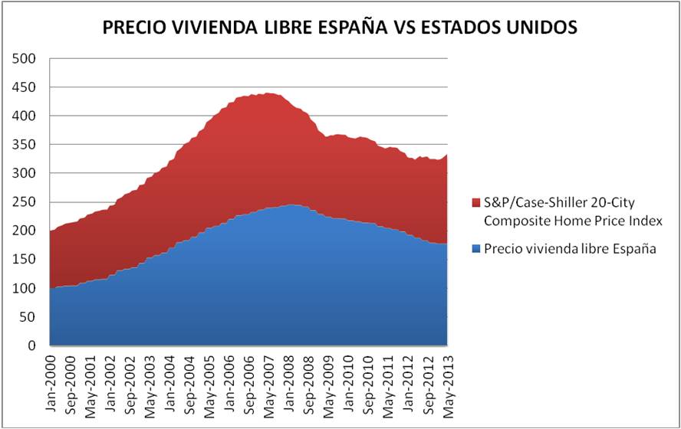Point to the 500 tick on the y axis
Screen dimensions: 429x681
coord(25,59)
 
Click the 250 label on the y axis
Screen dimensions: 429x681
coord(25,202)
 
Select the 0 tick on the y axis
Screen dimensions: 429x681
coord(32,346)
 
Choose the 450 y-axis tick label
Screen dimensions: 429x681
coord(25,87)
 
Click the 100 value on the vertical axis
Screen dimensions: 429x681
coord(25,289)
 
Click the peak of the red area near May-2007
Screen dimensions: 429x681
coord(268,93)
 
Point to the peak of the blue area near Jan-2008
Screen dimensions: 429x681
coord(291,205)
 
